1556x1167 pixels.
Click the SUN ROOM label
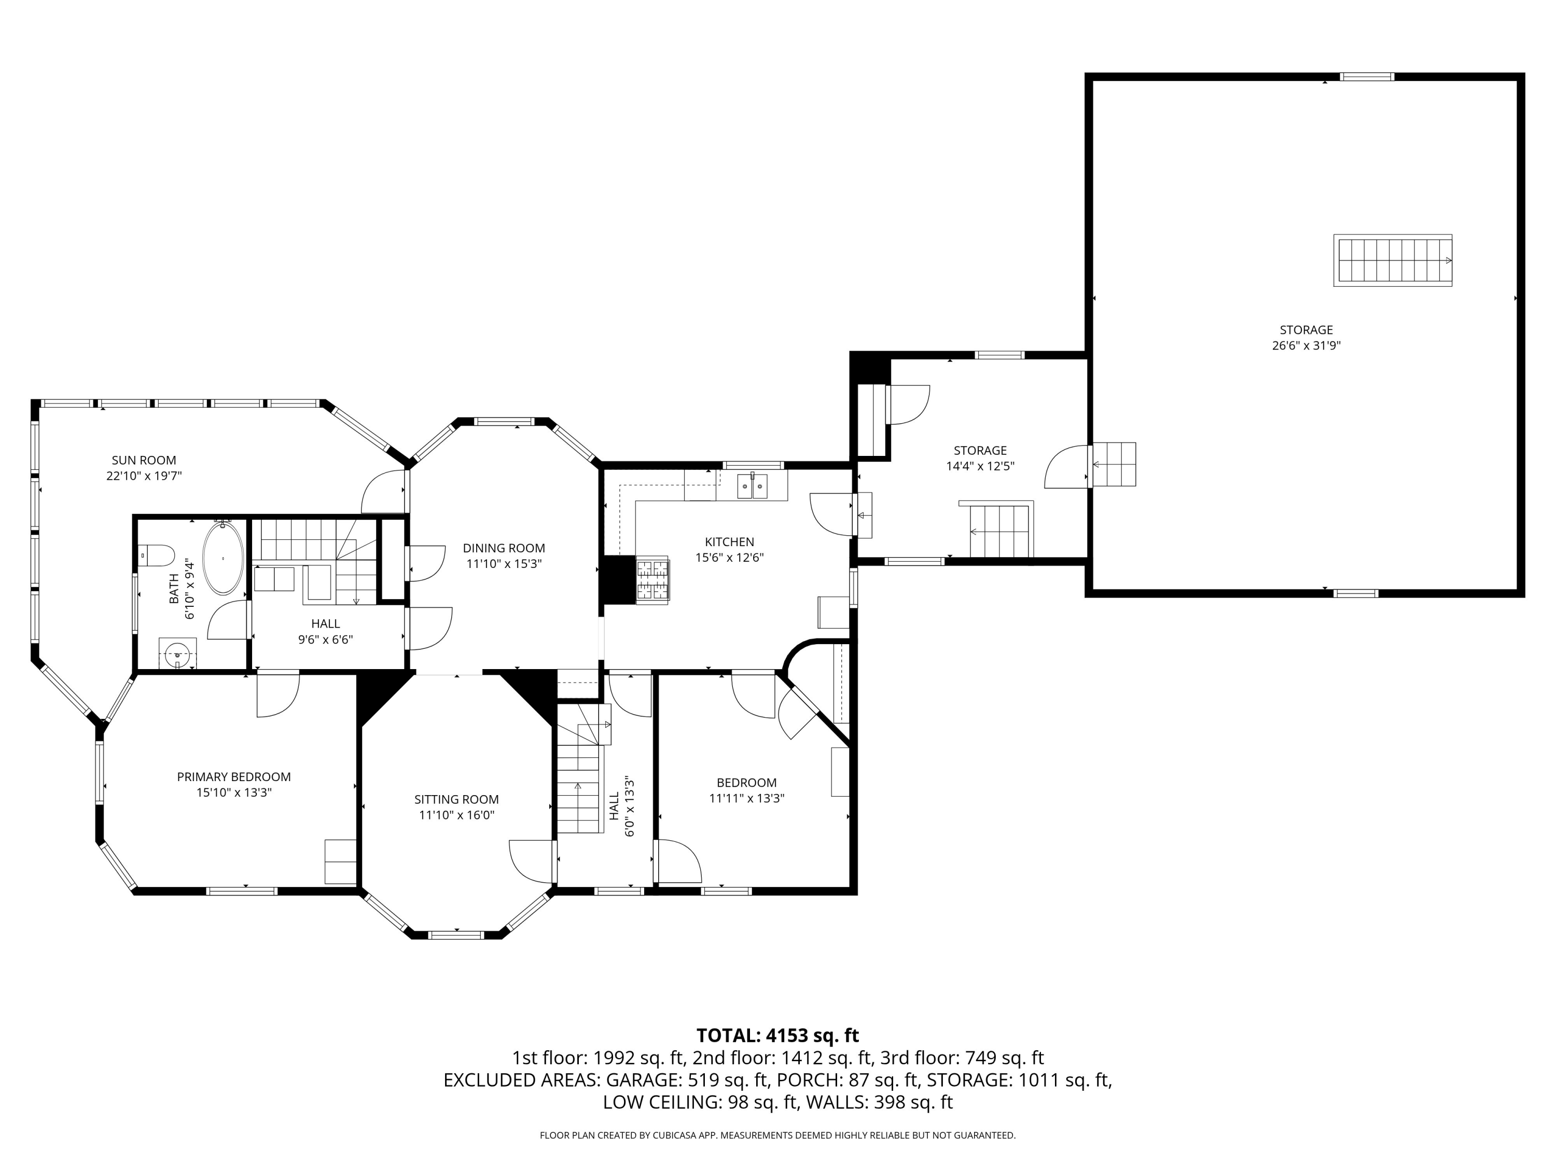click(x=144, y=461)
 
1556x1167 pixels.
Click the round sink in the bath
click(x=177, y=654)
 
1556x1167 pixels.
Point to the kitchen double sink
click(x=752, y=485)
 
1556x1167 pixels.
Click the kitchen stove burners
click(x=652, y=580)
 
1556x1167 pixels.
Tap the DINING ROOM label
click(x=504, y=549)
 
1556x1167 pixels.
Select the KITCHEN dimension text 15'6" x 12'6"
click(x=729, y=558)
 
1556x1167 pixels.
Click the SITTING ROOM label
click(x=456, y=800)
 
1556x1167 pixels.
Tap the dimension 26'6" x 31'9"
click(x=1307, y=345)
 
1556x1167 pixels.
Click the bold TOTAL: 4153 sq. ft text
click(x=777, y=1035)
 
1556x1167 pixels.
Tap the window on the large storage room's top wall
click(x=1366, y=77)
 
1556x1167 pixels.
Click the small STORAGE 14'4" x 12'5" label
click(x=980, y=458)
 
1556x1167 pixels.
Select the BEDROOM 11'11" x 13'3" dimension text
click(x=746, y=798)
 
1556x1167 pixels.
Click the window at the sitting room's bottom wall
click(x=456, y=935)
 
